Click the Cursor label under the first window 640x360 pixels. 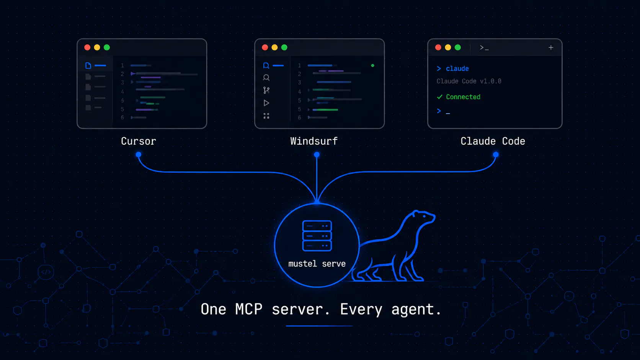pos(139,141)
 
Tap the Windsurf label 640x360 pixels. pos(314,141)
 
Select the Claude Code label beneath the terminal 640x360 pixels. pos(493,141)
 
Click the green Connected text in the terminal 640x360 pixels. pos(463,97)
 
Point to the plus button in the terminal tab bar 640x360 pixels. pos(551,47)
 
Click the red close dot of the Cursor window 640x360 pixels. pos(87,47)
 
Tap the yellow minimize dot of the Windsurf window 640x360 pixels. pos(274,47)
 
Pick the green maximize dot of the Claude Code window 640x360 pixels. pos(458,47)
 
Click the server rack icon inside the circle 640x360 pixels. pos(317,236)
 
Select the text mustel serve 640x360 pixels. pos(317,264)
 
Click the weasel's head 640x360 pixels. pos(423,217)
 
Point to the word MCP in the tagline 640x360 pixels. pos(248,309)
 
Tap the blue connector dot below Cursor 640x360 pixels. pos(139,155)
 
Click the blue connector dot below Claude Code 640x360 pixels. pos(496,155)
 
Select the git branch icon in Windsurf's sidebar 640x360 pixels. pos(266,90)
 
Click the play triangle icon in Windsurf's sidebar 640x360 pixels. pos(266,103)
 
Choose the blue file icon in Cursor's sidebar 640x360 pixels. pos(88,66)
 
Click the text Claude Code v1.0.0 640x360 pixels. pos(469,81)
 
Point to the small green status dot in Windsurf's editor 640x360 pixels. pos(372,66)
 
